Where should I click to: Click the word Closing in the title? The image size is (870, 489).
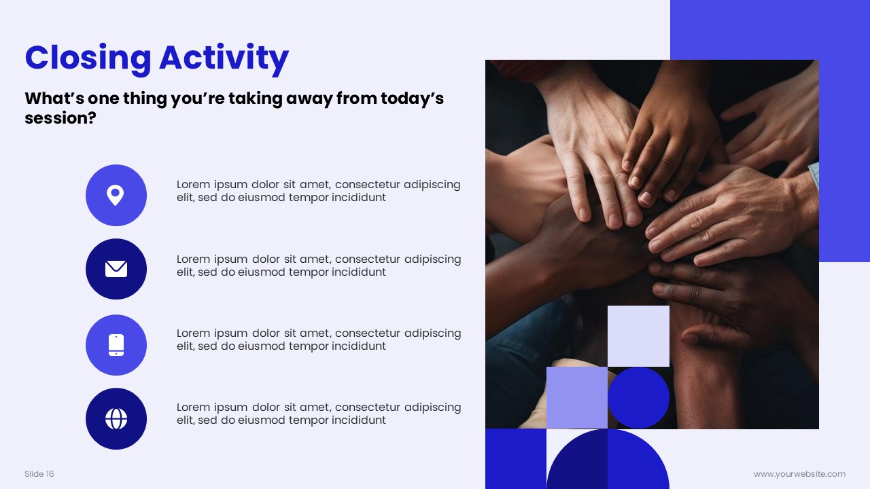coord(88,58)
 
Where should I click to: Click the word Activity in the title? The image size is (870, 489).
coord(224,58)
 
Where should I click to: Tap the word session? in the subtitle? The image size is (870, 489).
coord(60,118)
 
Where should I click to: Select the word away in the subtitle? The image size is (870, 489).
coord(309,99)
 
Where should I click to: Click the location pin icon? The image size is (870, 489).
coord(116,196)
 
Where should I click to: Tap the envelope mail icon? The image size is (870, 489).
coord(116,269)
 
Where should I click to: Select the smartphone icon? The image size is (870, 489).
coord(116,344)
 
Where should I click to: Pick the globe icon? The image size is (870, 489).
coord(116,419)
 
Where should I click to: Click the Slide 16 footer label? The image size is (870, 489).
coord(39,474)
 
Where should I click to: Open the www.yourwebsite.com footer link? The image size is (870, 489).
coord(799,474)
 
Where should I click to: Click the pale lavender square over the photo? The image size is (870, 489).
coord(638,336)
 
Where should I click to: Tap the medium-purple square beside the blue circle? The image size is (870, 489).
coord(577,398)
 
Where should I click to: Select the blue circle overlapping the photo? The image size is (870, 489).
coord(638,398)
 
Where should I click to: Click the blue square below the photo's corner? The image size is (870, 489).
coord(516,458)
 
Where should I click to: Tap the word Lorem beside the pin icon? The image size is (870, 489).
coord(194,184)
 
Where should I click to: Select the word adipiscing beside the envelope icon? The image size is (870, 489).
coord(433,259)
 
